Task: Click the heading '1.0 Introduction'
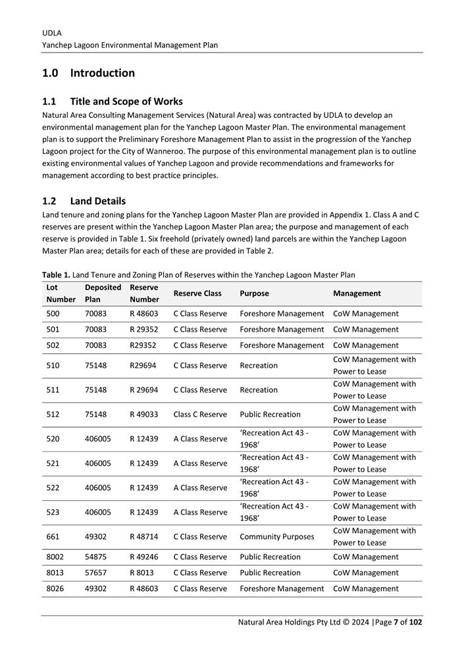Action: pos(88,73)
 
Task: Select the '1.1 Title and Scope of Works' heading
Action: pos(112,101)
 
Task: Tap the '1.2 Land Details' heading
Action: pos(84,201)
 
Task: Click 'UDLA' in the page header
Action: pos(52,32)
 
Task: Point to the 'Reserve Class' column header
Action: pos(197,293)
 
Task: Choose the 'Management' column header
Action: pos(357,293)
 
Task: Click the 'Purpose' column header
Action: pos(254,293)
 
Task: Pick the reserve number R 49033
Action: pos(144,415)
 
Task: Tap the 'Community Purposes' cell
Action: pos(277,537)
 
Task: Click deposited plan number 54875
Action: pos(95,557)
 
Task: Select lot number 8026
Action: pos(55,589)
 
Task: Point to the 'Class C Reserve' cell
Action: pos(200,415)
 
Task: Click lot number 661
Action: pos(53,537)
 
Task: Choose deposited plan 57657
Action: pos(95,573)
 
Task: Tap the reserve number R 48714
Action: pos(144,537)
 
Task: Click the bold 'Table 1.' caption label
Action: pos(56,275)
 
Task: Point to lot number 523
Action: pos(53,513)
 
